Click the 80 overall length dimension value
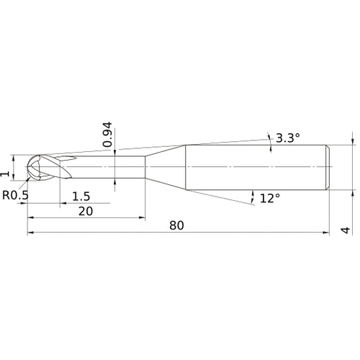[177, 225]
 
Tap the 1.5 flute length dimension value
[81, 197]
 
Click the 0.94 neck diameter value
[107, 135]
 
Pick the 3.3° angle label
[287, 138]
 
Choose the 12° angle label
[269, 198]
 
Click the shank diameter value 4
[346, 230]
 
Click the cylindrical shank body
[256, 167]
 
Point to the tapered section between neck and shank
[166, 167]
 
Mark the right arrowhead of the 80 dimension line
[327, 233]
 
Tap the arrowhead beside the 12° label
[253, 194]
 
